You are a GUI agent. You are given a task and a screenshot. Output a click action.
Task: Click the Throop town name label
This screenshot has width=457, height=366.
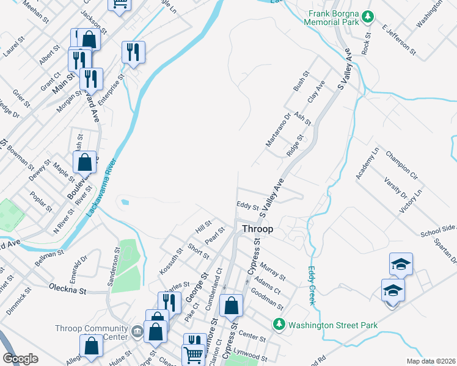[x=257, y=229]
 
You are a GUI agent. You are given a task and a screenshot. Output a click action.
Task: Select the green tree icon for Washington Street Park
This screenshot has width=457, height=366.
[x=279, y=324]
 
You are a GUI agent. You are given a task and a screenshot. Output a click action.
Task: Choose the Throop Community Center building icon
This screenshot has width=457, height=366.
[x=137, y=331]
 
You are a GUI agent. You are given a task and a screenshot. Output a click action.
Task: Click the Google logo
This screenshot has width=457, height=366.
[x=21, y=359]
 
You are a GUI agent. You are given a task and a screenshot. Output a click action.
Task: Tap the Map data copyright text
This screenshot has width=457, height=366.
[x=431, y=361]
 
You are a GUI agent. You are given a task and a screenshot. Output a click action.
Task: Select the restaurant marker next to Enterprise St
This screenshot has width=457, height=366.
[x=133, y=52]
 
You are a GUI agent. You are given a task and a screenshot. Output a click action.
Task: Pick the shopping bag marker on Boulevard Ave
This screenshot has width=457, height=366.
[x=86, y=162]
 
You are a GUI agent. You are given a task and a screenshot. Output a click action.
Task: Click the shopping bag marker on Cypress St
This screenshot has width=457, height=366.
[x=231, y=306]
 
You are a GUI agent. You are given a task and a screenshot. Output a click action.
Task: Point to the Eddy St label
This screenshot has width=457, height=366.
[x=247, y=207]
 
